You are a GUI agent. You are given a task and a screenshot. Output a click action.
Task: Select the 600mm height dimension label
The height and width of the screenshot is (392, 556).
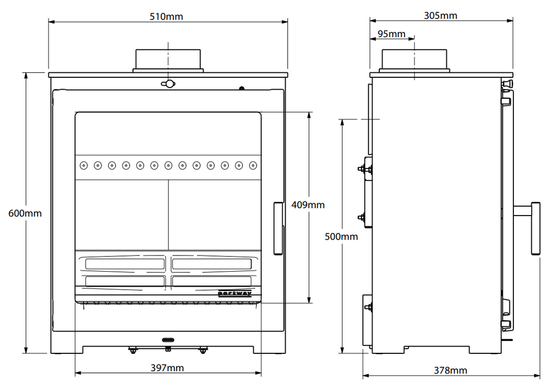25,213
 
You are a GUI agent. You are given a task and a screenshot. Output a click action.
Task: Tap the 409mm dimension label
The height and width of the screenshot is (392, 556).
308,205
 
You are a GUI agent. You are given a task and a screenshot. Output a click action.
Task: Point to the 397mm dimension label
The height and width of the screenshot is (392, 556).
167,368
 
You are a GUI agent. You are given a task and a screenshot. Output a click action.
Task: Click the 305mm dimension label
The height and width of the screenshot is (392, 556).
440,15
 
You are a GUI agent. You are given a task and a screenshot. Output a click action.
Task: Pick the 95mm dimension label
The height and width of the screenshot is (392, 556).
391,34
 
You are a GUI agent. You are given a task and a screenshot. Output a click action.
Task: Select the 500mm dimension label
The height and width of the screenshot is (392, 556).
341,236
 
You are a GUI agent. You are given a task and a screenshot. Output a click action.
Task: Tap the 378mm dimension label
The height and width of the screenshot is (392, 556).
451,370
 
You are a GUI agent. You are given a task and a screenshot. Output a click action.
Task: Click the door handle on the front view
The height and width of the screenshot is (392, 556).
278,228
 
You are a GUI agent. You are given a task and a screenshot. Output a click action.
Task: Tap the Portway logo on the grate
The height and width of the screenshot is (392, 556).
235,292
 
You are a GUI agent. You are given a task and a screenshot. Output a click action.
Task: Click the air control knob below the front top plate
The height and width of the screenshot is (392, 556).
168,84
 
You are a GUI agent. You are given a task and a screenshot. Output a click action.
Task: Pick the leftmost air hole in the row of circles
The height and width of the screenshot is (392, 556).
84,165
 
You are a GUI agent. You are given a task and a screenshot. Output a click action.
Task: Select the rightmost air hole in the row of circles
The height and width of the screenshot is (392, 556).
253,165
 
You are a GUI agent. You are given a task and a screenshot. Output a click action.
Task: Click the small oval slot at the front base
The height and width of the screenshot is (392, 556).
168,340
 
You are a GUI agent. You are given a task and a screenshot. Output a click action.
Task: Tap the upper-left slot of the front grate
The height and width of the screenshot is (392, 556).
124,263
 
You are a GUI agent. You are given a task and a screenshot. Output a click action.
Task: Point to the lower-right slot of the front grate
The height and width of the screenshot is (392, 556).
212,281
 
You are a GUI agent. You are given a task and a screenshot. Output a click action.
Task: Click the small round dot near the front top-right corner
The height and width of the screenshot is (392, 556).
242,88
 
